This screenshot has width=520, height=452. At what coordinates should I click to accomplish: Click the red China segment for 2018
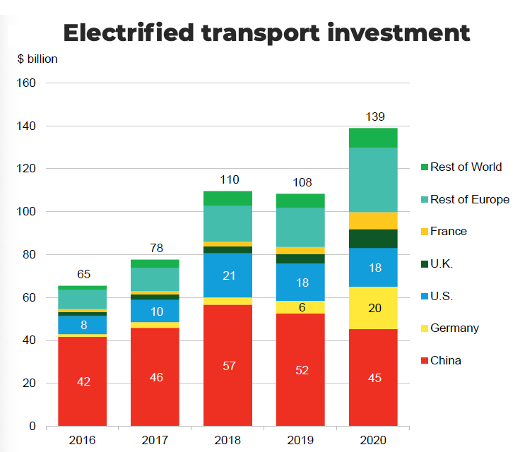coord(227,365)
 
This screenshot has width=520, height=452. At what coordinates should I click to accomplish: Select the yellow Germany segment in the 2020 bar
coord(374,308)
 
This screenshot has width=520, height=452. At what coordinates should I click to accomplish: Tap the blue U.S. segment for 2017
coord(155,311)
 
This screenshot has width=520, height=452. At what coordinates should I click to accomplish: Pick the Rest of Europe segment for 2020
coord(374,179)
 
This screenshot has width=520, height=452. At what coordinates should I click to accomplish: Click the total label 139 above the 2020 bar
coord(375,117)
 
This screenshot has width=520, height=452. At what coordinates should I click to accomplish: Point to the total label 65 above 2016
coord(83,274)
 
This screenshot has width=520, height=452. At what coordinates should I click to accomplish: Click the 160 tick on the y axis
coord(25,83)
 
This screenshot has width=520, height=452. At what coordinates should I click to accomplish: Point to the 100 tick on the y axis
coord(25,212)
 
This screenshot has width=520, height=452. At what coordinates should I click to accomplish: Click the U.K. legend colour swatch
coord(423,264)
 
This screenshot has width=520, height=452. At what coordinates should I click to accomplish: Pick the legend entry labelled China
coord(445,360)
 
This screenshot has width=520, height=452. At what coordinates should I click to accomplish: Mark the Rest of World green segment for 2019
coord(301,201)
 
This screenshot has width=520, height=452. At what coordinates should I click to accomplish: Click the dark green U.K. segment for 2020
coord(374,239)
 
